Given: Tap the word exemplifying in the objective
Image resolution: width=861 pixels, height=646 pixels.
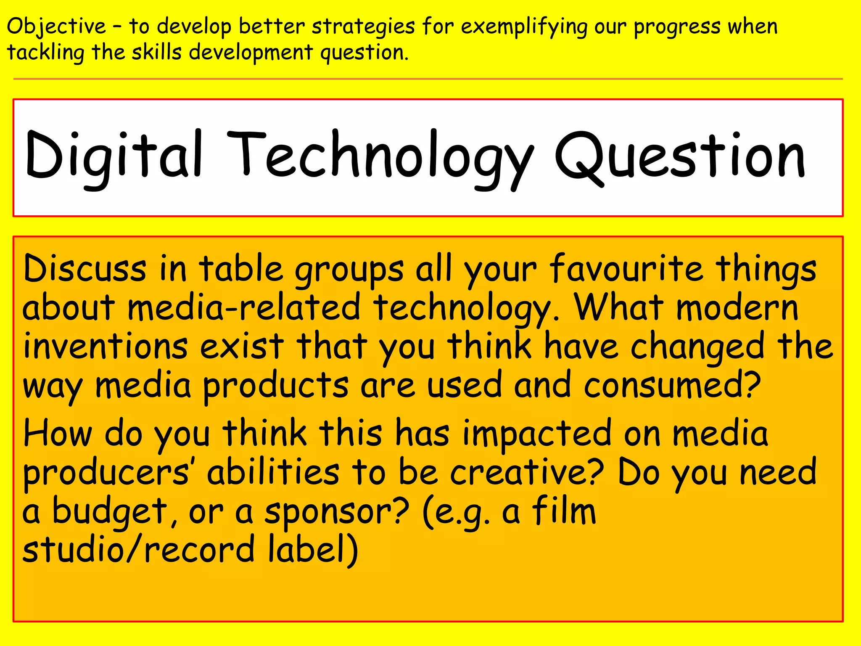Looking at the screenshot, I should pyautogui.click(x=524, y=27).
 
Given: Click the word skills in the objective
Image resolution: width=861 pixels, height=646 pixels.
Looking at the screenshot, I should pyautogui.click(x=157, y=53).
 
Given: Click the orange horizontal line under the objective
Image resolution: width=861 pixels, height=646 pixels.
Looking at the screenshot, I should pyautogui.click(x=428, y=79).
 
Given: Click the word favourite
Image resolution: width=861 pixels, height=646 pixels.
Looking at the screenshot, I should pyautogui.click(x=626, y=269).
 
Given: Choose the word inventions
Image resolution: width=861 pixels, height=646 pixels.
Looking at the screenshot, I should pyautogui.click(x=105, y=347).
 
